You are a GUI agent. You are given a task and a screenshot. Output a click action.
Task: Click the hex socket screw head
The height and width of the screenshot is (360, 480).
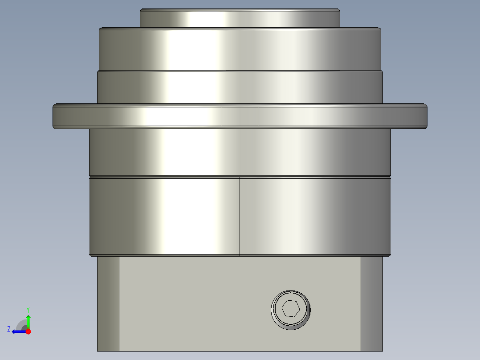[x=290, y=309]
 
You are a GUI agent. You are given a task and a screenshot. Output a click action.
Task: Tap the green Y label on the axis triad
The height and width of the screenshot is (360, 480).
[x=28, y=309]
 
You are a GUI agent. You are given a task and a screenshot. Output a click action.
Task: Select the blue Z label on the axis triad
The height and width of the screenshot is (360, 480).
[x=9, y=329]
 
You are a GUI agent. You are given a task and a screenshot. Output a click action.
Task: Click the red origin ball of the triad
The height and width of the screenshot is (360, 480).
[x=28, y=331]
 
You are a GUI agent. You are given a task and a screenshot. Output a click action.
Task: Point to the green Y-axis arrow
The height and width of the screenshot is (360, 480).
[x=28, y=319]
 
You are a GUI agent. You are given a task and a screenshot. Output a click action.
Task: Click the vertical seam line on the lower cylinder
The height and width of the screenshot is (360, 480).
[x=240, y=216]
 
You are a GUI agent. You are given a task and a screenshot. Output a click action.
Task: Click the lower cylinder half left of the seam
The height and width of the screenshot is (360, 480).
[x=165, y=216]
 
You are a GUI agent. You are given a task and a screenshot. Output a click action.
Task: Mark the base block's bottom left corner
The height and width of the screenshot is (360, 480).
[x=98, y=350]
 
